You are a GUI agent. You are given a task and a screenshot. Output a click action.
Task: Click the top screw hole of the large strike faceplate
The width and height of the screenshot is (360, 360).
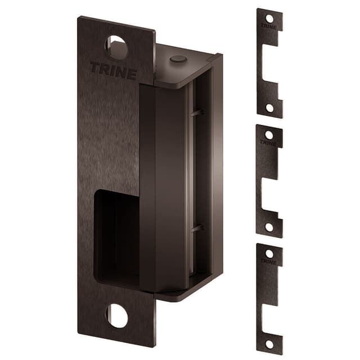tap(117, 47)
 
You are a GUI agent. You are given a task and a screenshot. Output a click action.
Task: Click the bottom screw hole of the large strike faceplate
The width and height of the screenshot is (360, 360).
tap(117, 316)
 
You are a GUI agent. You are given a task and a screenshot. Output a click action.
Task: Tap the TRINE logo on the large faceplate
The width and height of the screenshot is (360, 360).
tap(113, 71)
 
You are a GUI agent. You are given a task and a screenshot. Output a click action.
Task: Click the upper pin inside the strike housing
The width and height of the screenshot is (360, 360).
tap(196, 113)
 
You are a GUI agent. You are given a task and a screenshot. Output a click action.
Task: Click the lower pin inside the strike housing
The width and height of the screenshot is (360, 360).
tap(196, 228)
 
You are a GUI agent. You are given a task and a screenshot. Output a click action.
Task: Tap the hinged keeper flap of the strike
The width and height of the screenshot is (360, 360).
tap(163, 186)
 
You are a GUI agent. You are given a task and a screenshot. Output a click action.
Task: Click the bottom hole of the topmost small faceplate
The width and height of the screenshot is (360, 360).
tap(269, 107)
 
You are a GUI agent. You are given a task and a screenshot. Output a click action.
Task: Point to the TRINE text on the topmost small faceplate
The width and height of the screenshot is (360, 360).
tap(269, 26)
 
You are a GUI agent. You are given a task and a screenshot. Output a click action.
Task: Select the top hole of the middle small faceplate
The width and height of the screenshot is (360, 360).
tap(269, 135)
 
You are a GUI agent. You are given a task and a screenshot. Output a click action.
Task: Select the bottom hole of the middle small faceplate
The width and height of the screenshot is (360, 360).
tap(269, 227)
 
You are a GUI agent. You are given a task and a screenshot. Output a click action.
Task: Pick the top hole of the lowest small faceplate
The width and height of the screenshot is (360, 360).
tap(269, 254)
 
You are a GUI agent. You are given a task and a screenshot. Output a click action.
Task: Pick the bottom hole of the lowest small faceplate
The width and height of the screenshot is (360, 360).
tap(269, 343)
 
